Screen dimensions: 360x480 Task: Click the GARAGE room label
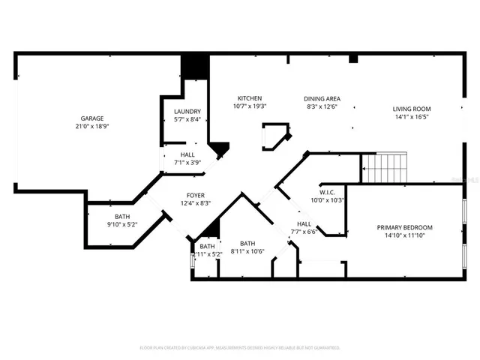92,118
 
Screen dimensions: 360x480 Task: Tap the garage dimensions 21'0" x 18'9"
92,127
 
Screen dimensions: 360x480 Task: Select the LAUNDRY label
187,111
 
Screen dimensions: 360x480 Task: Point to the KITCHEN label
249,98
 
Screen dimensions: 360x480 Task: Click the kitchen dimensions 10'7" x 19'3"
249,106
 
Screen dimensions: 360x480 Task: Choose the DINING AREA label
322,98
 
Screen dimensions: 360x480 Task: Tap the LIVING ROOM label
412,109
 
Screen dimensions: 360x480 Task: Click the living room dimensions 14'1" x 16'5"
412,117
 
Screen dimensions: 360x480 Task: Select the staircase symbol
384,168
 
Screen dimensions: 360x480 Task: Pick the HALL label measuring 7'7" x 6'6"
304,223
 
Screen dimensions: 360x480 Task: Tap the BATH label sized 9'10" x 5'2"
122,216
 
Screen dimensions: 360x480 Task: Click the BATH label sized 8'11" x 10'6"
247,244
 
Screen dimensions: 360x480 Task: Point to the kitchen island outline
274,136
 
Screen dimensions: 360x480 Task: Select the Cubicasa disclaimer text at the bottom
240,348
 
